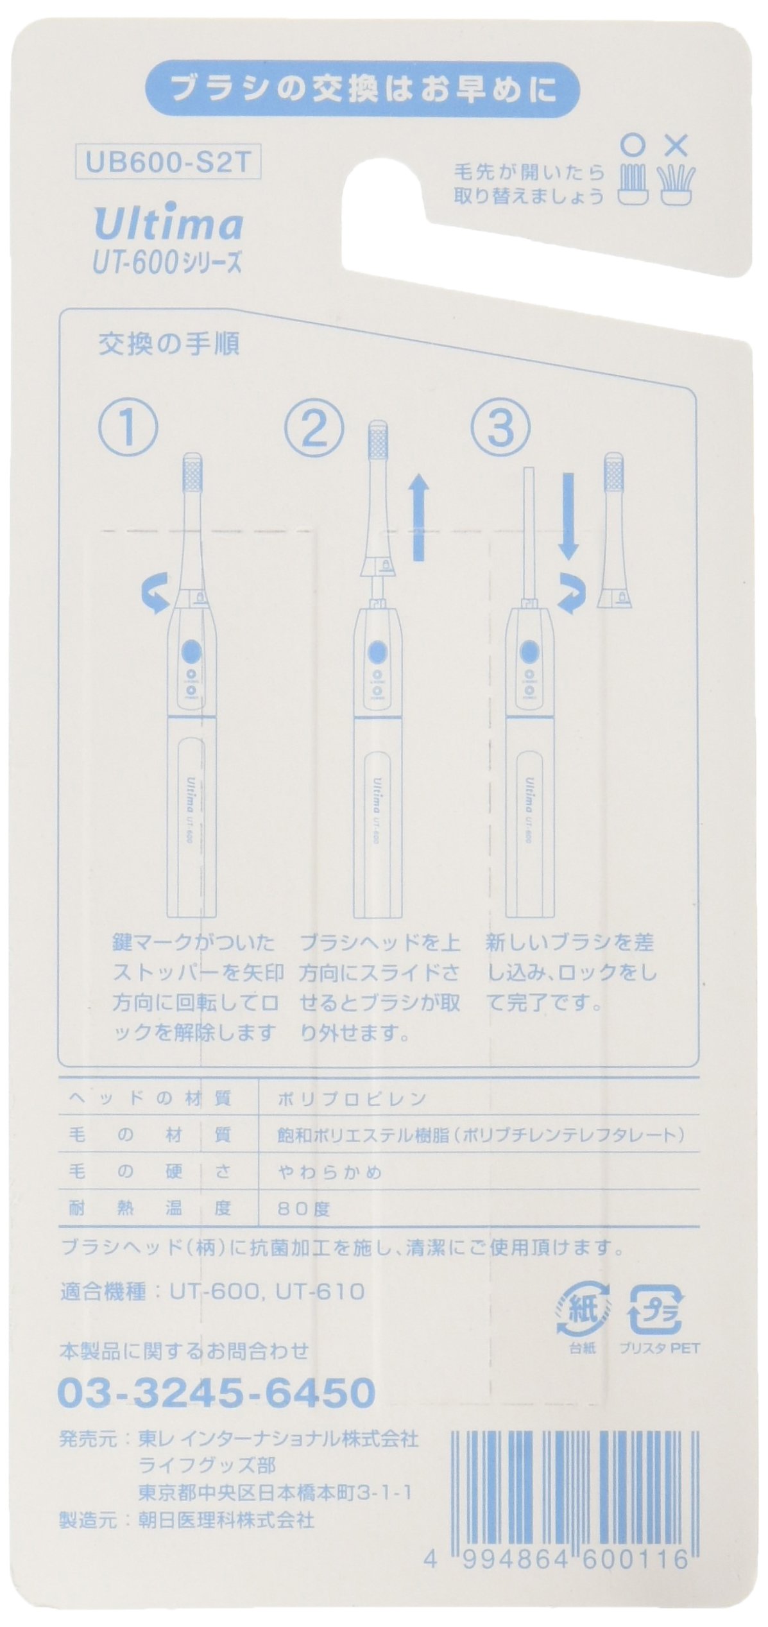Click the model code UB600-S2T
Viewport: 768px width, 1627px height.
tap(167, 164)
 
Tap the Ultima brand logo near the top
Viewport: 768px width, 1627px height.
tap(169, 225)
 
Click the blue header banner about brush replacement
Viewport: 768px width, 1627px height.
tap(363, 91)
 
